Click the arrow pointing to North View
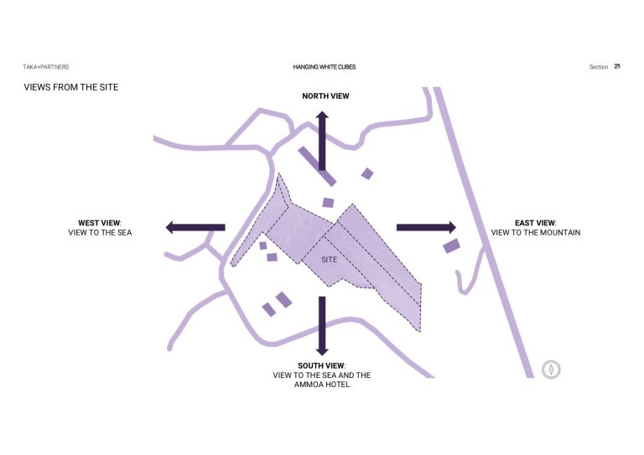322,141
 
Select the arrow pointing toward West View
195,227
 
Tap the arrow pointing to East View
426,227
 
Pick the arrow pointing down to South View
322,326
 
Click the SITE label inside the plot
329,260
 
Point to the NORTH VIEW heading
325,96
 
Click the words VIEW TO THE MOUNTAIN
536,233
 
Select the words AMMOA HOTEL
322,385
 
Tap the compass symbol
551,370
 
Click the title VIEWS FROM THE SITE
71,87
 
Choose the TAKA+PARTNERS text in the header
46,67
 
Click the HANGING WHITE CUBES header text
325,67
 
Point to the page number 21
617,66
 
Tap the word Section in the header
599,67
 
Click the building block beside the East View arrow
451,246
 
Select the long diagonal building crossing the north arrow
317,166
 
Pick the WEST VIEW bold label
99,223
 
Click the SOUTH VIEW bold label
321,365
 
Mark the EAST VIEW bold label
535,223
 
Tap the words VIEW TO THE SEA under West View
100,233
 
